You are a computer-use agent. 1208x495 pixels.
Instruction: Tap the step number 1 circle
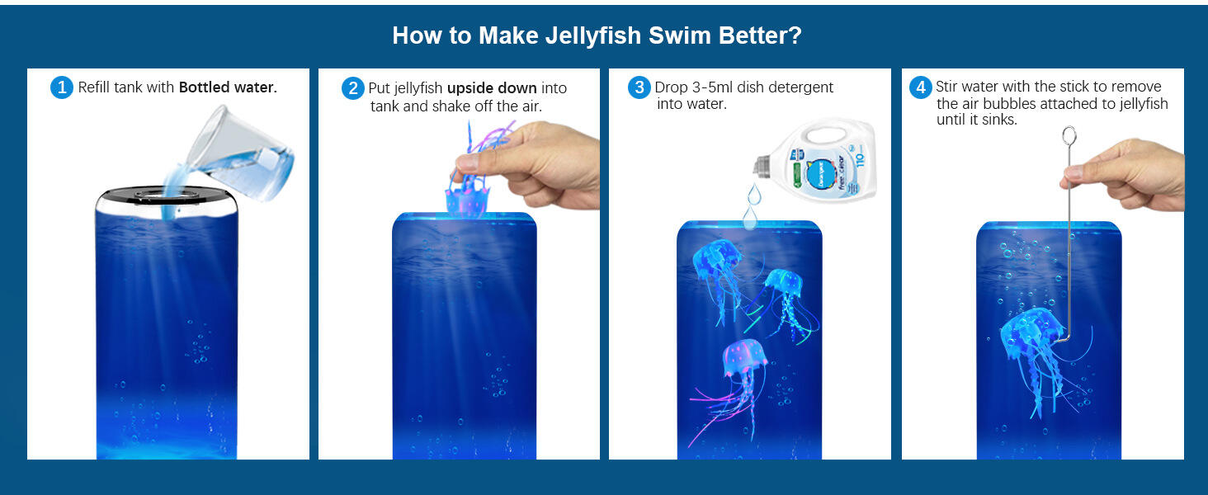pyautogui.click(x=62, y=87)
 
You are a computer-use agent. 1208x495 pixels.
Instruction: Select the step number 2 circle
pyautogui.click(x=352, y=88)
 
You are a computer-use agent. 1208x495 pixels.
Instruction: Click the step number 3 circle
pyautogui.click(x=639, y=87)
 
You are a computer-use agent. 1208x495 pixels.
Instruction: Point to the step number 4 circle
pyautogui.click(x=921, y=87)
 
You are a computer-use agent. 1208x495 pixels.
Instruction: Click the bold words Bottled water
pyautogui.click(x=228, y=87)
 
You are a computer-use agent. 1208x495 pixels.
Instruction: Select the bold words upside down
pyautogui.click(x=492, y=88)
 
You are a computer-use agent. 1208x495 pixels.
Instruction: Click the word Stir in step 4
pyautogui.click(x=947, y=87)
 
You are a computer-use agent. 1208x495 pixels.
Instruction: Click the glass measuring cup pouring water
pyautogui.click(x=241, y=153)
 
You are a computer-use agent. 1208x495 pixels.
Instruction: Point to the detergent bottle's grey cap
pyautogui.click(x=762, y=166)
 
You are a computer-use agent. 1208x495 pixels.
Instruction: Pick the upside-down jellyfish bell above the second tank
pyautogui.click(x=467, y=200)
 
